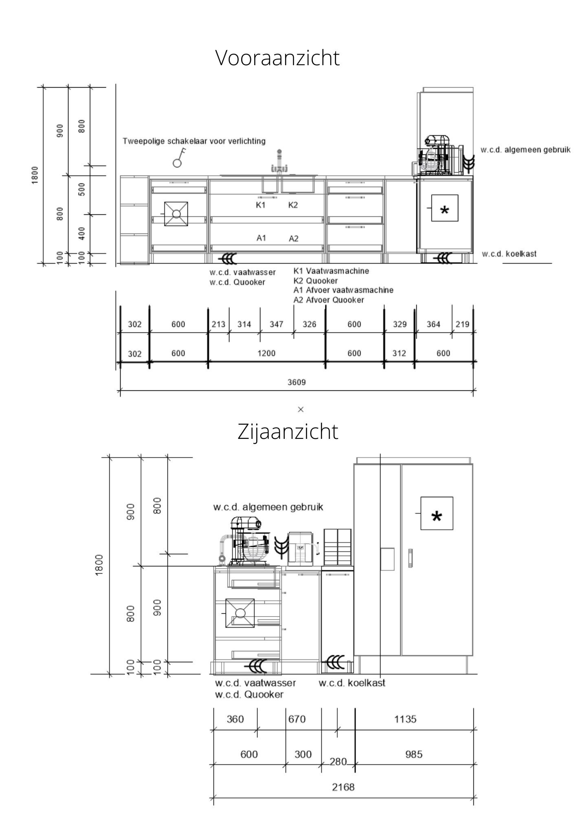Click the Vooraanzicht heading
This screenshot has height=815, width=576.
pyautogui.click(x=277, y=57)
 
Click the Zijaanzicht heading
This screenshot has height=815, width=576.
pyautogui.click(x=288, y=431)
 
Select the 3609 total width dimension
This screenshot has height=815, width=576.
pyautogui.click(x=296, y=382)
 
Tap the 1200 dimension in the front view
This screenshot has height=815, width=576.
pyautogui.click(x=266, y=353)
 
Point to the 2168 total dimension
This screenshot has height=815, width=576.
pyautogui.click(x=343, y=787)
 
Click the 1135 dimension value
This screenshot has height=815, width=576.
pyautogui.click(x=405, y=719)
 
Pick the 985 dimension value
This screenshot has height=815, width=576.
pyautogui.click(x=413, y=754)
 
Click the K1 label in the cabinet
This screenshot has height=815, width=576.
pyautogui.click(x=261, y=205)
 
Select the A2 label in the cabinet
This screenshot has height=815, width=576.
pyautogui.click(x=294, y=238)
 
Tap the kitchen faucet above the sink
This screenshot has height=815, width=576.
pyautogui.click(x=279, y=163)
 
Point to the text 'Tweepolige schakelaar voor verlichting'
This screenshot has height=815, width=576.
pyautogui.click(x=194, y=141)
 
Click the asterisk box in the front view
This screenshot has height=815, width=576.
pyautogui.click(x=444, y=208)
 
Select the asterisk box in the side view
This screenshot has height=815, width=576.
pyautogui.click(x=436, y=513)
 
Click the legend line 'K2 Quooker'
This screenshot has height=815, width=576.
pyautogui.click(x=315, y=281)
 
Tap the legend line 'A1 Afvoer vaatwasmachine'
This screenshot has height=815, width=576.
pyautogui.click(x=343, y=290)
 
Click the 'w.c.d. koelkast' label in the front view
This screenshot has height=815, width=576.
pyautogui.click(x=509, y=254)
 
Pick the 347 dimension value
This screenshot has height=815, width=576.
pyautogui.click(x=276, y=324)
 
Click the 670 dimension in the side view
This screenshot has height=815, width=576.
pyautogui.click(x=297, y=719)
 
